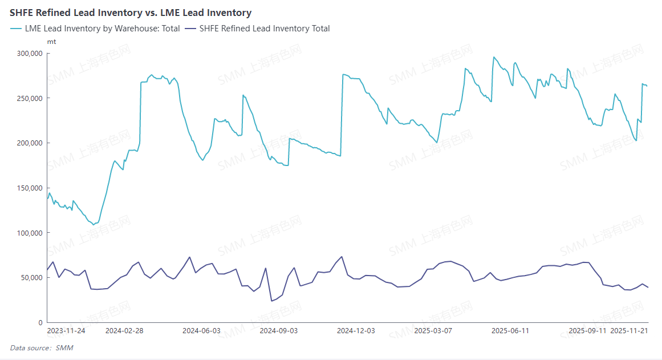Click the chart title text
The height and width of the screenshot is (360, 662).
point(131,12)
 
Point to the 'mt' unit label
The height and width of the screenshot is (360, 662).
point(51,42)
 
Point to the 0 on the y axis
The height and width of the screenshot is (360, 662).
point(40,323)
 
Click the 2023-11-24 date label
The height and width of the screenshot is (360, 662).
point(66,330)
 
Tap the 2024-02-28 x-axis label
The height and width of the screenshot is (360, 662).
point(124,330)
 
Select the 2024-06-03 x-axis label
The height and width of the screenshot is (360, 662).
point(201,330)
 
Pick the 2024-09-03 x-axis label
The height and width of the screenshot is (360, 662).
point(279,330)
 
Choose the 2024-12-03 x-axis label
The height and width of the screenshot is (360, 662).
point(356,330)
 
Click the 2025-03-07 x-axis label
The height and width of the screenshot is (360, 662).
point(433,330)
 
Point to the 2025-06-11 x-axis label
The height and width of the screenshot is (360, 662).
point(510,330)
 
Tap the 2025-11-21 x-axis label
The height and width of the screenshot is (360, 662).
point(629,330)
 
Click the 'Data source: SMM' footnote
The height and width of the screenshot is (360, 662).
point(42,347)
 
